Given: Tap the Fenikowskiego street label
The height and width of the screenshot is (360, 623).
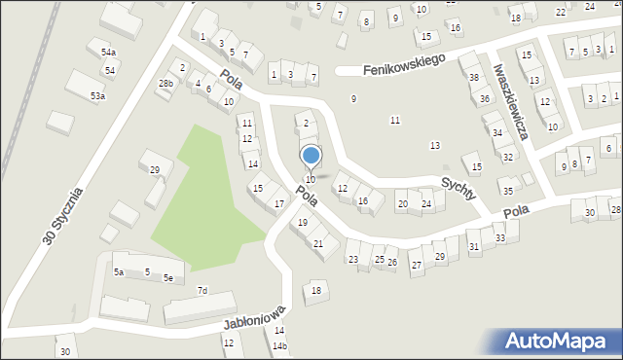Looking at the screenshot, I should click(x=404, y=65).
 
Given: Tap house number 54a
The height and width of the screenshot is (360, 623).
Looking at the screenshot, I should click(x=108, y=53).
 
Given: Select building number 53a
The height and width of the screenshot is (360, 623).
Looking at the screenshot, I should click(x=97, y=95).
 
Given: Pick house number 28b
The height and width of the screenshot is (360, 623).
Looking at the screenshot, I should click(x=166, y=84).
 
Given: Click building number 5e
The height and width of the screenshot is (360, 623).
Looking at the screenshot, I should click(x=168, y=278).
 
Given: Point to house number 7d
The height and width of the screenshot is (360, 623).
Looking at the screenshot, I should click(x=202, y=290).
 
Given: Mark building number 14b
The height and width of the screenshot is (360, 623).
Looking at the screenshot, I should click(x=279, y=346).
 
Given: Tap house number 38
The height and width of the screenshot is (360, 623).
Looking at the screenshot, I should click(x=474, y=77).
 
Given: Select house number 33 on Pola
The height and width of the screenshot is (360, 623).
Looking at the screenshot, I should click(x=499, y=237).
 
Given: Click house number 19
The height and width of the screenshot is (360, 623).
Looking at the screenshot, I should click(x=303, y=223).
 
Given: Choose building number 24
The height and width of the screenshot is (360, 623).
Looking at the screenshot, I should click(x=426, y=203).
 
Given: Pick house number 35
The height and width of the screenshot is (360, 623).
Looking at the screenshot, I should click(x=507, y=191).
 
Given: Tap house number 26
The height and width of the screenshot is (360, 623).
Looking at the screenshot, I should click(x=391, y=263).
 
